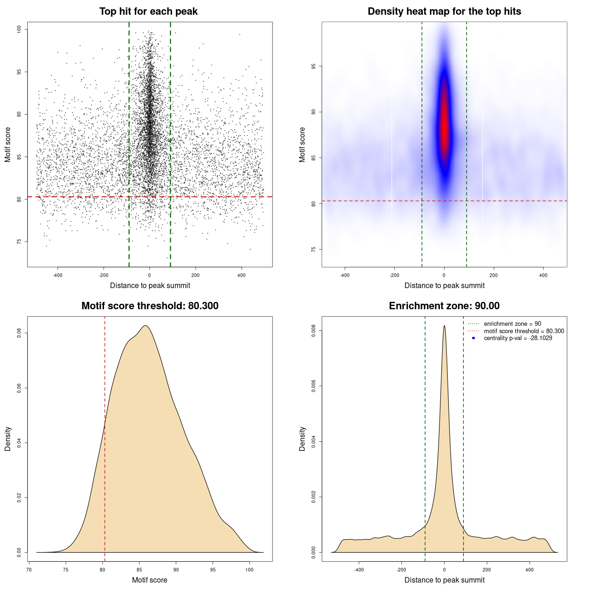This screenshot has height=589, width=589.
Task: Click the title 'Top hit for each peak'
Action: coord(148,12)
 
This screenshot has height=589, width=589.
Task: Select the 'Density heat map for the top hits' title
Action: coord(444,12)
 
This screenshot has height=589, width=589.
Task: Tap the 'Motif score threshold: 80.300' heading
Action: coord(150,306)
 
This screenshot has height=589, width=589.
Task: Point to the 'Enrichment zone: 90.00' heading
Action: coord(444,306)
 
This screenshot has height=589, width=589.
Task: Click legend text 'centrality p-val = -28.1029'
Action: coord(518,338)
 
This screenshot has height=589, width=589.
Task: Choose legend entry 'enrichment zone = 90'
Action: coord(512,324)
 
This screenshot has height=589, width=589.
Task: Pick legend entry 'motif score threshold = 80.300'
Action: coord(524,331)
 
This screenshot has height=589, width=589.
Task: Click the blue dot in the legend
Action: coord(474,338)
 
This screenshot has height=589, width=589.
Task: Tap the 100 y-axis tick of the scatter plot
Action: coord(19,29)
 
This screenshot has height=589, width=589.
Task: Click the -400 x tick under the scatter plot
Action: coord(58,276)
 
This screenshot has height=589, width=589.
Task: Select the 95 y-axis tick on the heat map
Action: coord(314,66)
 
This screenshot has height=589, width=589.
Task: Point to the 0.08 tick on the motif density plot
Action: coord(19,333)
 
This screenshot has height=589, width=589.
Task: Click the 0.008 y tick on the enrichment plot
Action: coord(314,331)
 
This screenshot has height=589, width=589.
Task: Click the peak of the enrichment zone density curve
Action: coord(444,326)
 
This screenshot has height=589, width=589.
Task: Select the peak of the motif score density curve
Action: coord(145,326)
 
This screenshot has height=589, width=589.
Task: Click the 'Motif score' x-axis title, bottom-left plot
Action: coord(150,580)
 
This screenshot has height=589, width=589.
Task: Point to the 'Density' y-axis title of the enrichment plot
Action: coord(302,439)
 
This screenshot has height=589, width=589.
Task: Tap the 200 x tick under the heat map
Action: coord(494,276)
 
